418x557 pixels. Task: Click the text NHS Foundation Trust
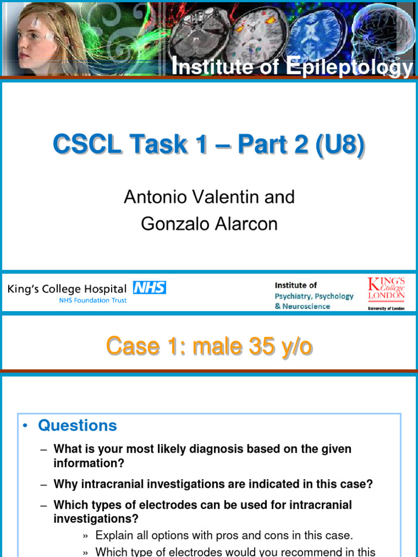93,300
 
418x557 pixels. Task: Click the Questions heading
77,425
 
